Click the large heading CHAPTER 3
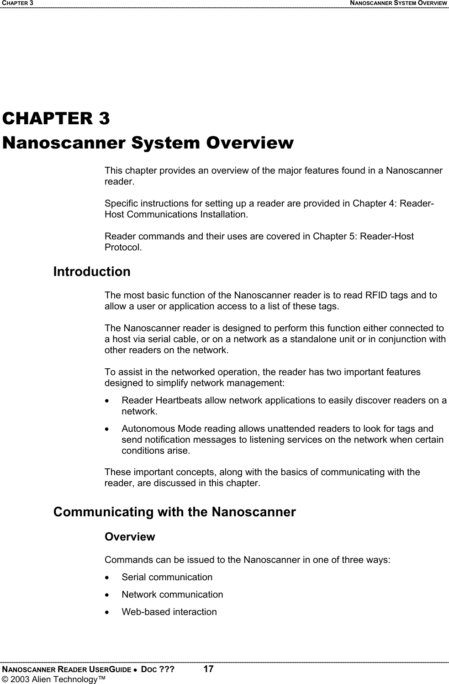[x=56, y=119]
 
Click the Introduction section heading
[x=92, y=272]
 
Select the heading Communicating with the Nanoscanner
[x=174, y=512]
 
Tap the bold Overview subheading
[x=130, y=537]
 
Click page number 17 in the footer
[x=208, y=669]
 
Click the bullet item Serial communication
[x=167, y=577]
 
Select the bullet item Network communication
[x=172, y=594]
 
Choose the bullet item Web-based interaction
[x=169, y=612]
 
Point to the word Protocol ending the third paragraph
[x=122, y=248]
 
